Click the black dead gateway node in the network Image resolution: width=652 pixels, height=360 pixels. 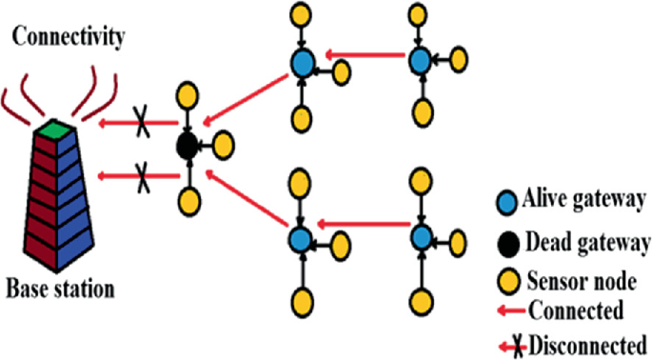[188, 147]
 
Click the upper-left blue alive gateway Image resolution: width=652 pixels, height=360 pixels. [302, 63]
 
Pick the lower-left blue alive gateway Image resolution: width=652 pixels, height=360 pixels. [302, 237]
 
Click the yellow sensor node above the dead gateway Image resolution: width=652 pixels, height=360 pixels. [188, 96]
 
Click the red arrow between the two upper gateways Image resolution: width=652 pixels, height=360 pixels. [361, 58]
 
